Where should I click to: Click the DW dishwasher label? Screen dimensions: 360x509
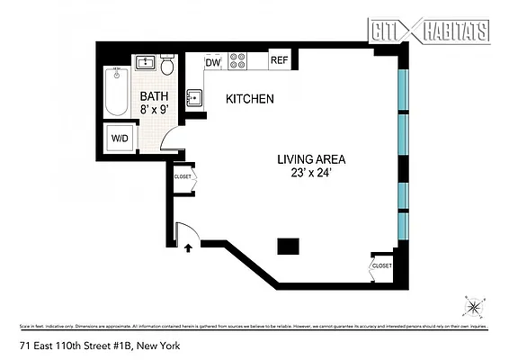click(213, 63)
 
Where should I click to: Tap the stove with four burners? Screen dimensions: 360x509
click(238, 62)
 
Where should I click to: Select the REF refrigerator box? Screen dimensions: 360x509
click(280, 62)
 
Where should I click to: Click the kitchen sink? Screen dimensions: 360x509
click(194, 98)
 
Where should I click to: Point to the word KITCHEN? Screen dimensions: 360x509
click(249, 99)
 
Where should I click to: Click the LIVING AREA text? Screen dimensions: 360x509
click(311, 160)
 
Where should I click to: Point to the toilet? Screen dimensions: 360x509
click(167, 67)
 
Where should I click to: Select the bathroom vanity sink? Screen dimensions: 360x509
click(145, 63)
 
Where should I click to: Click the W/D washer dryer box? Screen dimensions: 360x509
click(119, 139)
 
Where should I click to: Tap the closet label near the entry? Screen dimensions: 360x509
click(183, 177)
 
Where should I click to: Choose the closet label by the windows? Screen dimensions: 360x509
click(381, 266)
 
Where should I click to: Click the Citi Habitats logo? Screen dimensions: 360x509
click(430, 31)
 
